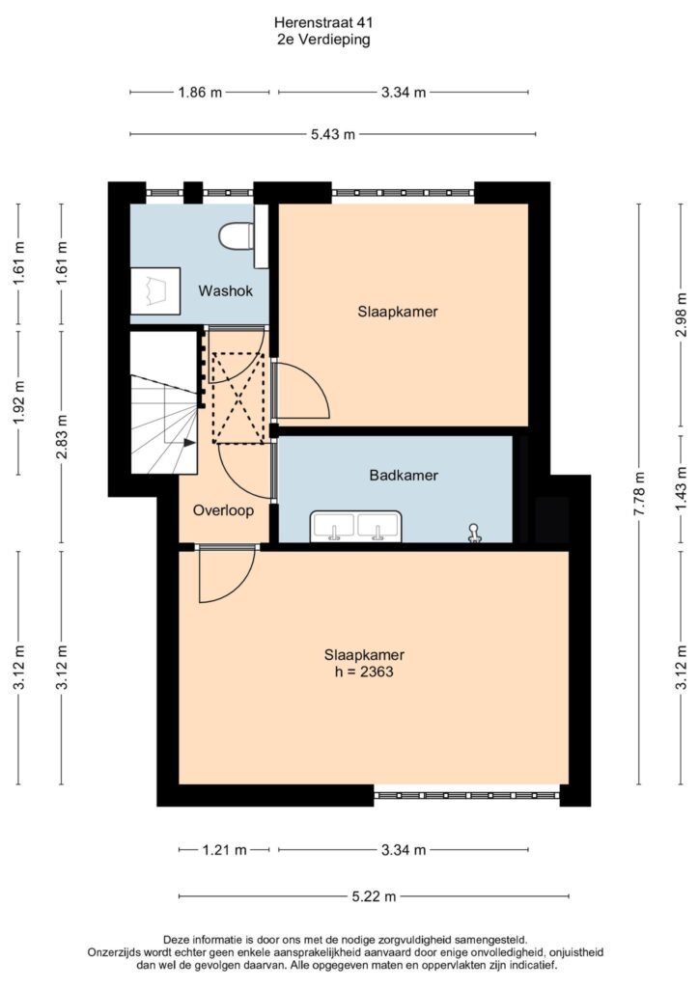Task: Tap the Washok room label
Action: pyautogui.click(x=226, y=291)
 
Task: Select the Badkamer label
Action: pyautogui.click(x=404, y=475)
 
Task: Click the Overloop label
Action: pyautogui.click(x=223, y=510)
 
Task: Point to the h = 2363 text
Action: pyautogui.click(x=364, y=672)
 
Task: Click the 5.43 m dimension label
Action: pyautogui.click(x=333, y=134)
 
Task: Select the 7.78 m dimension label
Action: pyautogui.click(x=639, y=494)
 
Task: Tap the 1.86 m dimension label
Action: pyautogui.click(x=200, y=93)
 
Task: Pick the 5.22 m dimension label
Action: pyautogui.click(x=374, y=896)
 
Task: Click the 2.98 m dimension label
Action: pyautogui.click(x=682, y=315)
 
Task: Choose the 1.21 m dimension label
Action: pyautogui.click(x=224, y=850)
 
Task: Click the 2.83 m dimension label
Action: pyautogui.click(x=62, y=437)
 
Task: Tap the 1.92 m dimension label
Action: pyautogui.click(x=19, y=402)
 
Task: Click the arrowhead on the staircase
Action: pyautogui.click(x=189, y=442)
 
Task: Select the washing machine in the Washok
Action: pyautogui.click(x=155, y=290)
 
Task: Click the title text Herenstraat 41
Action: pyautogui.click(x=323, y=23)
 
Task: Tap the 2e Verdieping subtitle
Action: pyautogui.click(x=323, y=40)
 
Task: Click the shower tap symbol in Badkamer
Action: pyautogui.click(x=473, y=533)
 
